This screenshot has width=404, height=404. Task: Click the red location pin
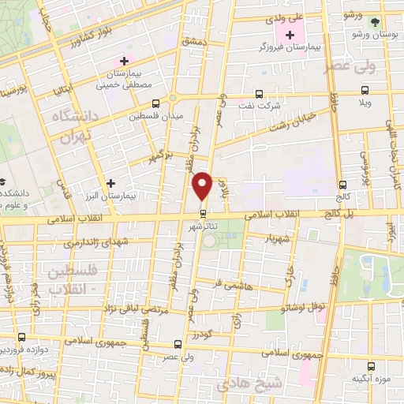[x=203, y=185]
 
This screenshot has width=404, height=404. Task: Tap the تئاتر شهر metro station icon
[x=203, y=213]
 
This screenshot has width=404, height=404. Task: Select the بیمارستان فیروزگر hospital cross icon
[x=290, y=36]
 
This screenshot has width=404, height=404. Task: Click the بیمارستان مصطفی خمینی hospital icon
[x=123, y=60]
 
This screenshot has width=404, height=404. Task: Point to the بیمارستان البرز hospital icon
[x=110, y=183]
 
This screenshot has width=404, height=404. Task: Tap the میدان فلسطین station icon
[x=155, y=103]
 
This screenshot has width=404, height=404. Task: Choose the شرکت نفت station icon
[x=259, y=93]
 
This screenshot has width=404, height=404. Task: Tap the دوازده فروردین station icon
[x=22, y=336]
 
